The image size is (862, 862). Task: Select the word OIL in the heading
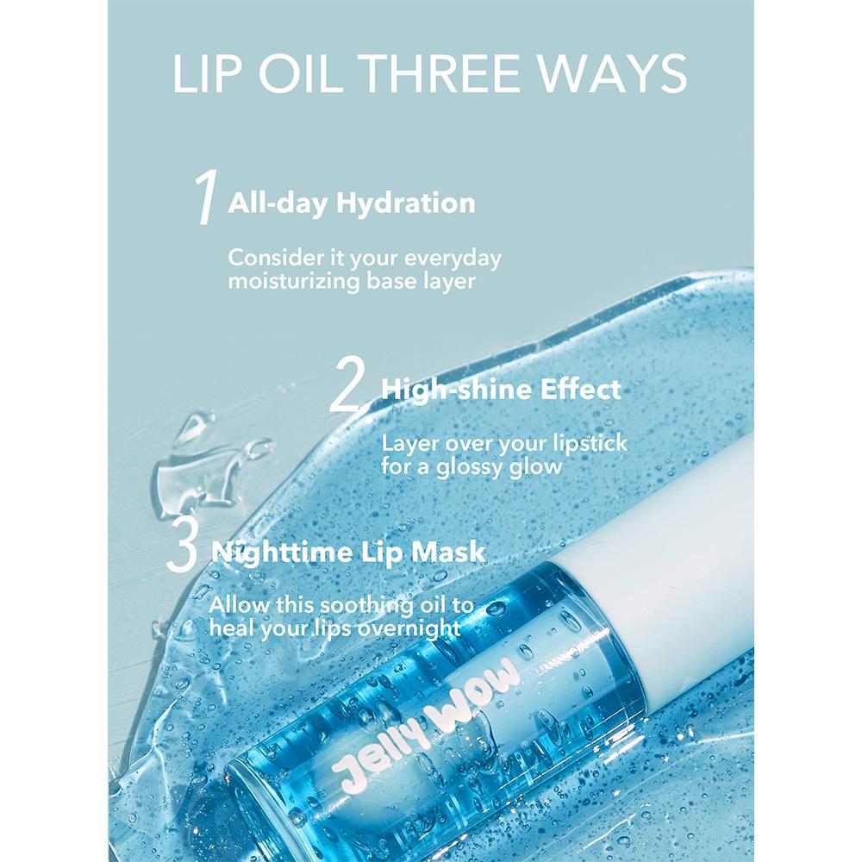297,73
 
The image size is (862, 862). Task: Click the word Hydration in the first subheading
406,203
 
